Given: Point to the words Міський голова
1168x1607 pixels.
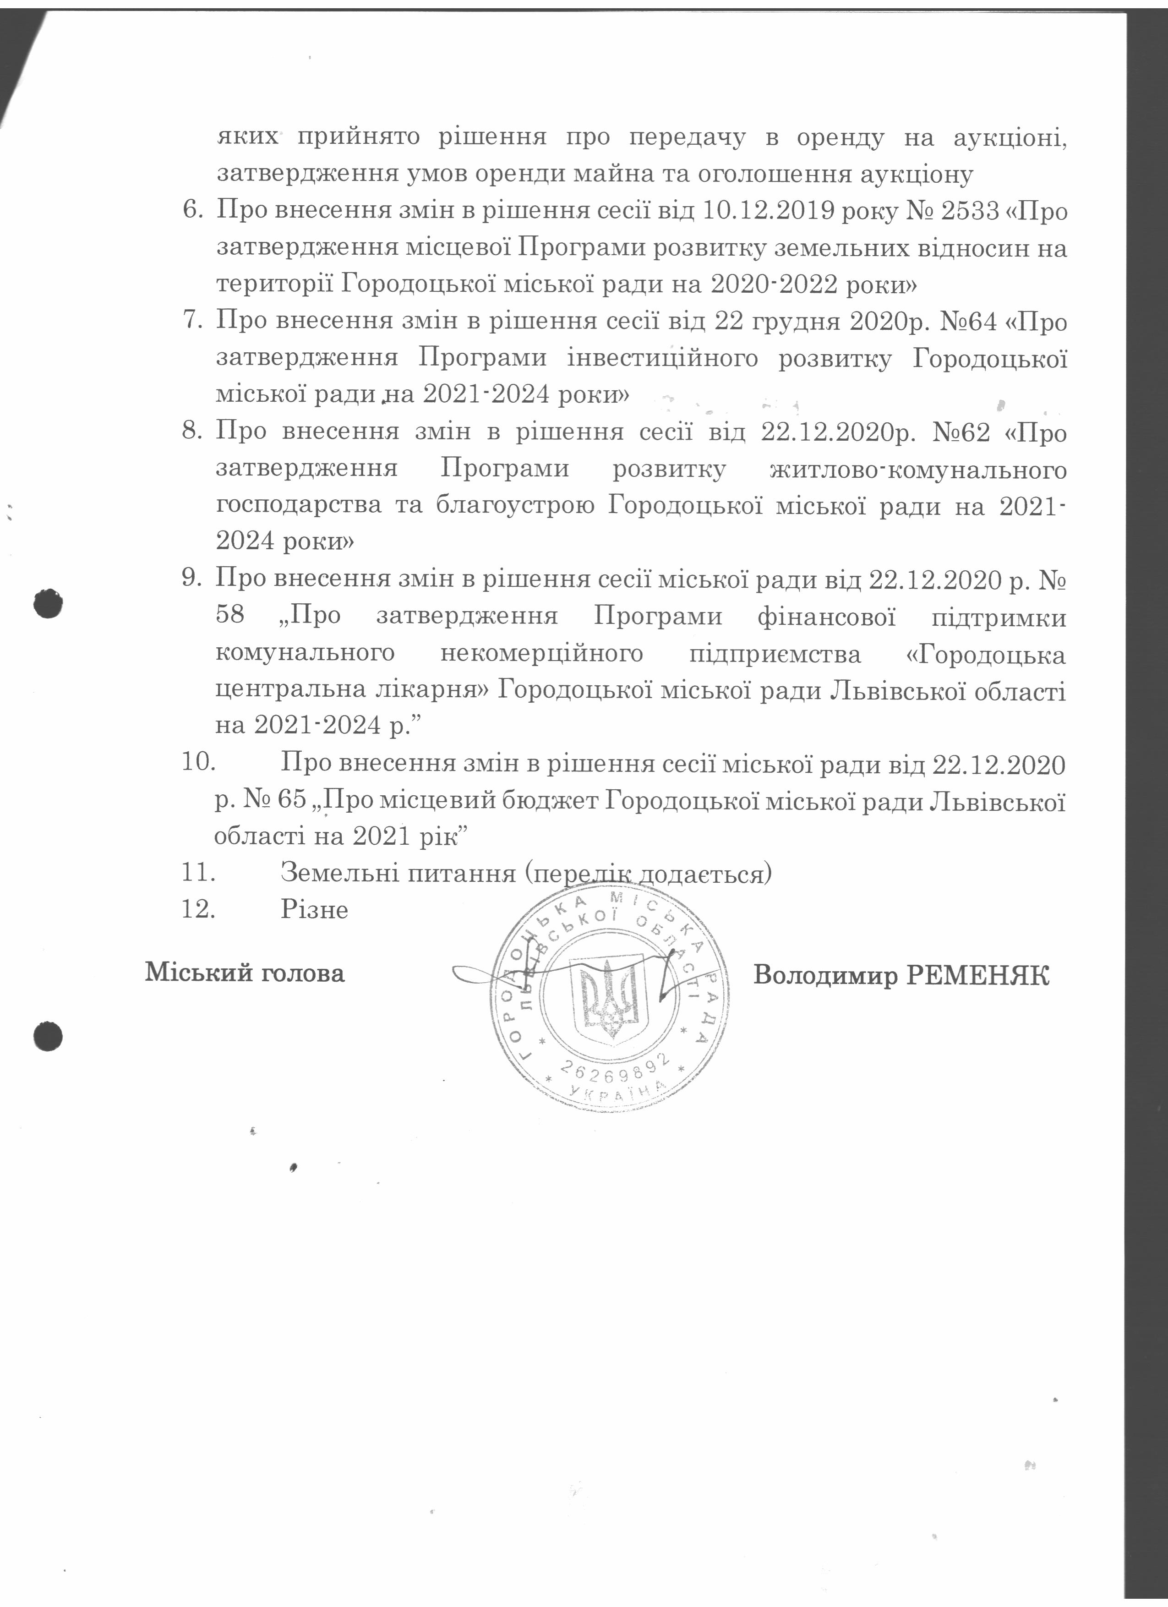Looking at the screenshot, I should (x=245, y=972).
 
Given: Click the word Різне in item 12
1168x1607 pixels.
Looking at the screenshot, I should (x=315, y=909).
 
